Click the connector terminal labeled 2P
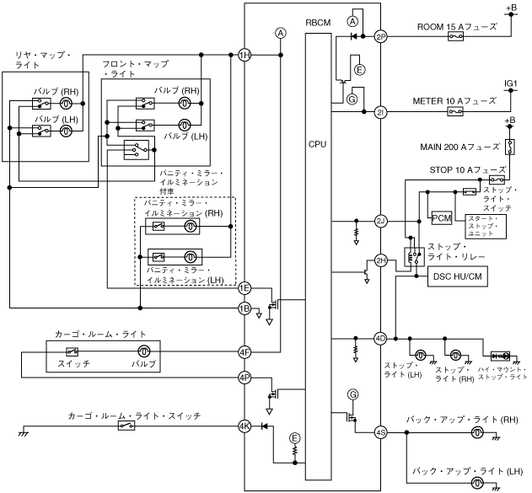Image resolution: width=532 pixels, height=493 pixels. [x=380, y=36]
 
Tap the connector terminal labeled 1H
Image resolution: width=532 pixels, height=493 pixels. [x=245, y=55]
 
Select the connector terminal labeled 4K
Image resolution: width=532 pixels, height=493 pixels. [x=245, y=426]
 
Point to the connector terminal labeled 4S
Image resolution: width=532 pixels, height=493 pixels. [x=380, y=433]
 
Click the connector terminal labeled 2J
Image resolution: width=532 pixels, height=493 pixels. [x=380, y=222]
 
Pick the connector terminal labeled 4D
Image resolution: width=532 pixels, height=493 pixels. [x=380, y=338]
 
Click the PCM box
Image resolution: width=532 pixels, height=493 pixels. [x=442, y=218]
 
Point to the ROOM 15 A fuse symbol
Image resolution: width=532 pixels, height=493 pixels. [x=455, y=36]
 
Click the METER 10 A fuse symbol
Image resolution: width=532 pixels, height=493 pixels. [x=455, y=111]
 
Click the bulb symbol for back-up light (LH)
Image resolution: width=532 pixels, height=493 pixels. [x=477, y=483]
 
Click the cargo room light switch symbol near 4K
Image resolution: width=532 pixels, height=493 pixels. [x=126, y=426]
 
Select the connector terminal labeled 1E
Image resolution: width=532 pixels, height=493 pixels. [x=245, y=288]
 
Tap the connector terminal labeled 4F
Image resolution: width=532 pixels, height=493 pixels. [x=245, y=351]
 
